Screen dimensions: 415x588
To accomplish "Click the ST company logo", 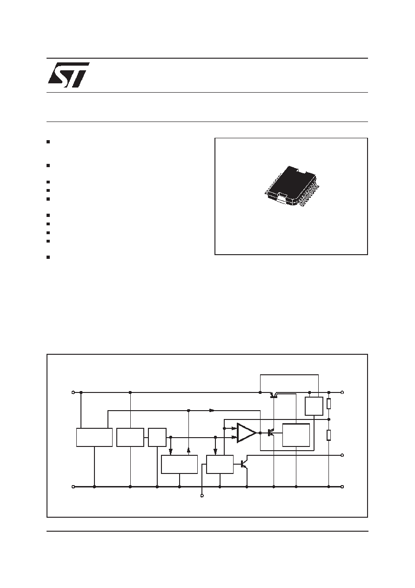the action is pos(68,75).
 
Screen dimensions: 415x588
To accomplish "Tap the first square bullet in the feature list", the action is pos(48,142).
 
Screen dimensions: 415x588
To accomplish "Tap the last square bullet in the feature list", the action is pos(48,257).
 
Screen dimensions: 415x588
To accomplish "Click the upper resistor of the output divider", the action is pos(328,404).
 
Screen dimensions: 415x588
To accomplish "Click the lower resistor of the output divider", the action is pos(328,435).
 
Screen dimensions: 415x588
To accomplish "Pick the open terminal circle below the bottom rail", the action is pos(202,496).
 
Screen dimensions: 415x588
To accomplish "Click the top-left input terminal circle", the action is pos(73,392).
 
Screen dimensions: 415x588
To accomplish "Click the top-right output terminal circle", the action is pos(342,392).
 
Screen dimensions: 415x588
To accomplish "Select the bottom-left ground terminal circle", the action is pos(73,487).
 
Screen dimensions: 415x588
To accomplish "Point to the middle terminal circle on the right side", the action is pos(342,455).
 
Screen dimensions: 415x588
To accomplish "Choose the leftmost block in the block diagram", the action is pos(94,437).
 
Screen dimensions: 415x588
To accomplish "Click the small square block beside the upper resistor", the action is pos(314,406).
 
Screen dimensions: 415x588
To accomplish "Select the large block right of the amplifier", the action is pos(296,435).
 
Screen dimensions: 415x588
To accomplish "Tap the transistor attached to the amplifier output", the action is pos(270,433).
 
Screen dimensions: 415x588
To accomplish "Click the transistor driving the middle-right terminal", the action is pos(244,464).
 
